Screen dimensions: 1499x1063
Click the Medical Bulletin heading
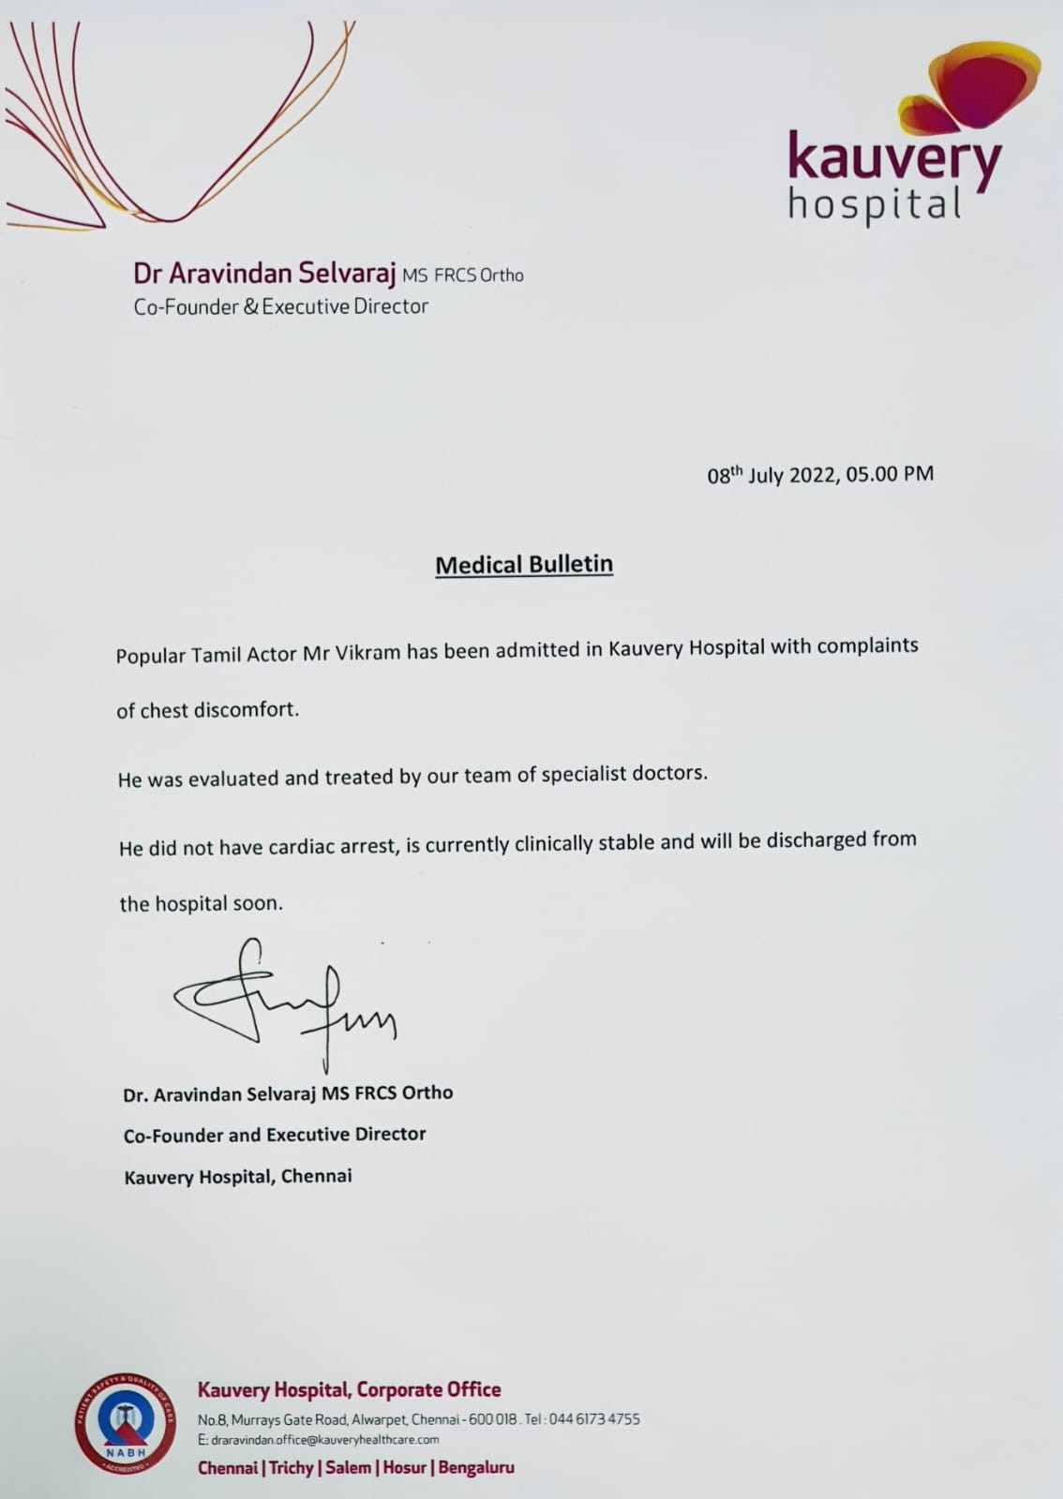coord(524,565)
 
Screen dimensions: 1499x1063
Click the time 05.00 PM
coord(890,473)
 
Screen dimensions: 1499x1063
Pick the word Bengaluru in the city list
coord(476,1467)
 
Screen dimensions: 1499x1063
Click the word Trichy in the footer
coord(292,1467)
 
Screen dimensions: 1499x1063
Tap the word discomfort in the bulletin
coord(246,709)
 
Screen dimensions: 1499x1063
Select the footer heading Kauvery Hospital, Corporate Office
coord(349,1389)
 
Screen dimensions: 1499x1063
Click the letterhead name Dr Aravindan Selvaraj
coord(264,274)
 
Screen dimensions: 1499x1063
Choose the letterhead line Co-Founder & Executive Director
coord(280,306)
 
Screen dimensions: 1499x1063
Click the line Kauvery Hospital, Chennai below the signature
coord(238,1177)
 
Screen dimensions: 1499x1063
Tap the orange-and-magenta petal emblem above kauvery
coord(975,89)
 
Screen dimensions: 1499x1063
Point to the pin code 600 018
coord(493,1419)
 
